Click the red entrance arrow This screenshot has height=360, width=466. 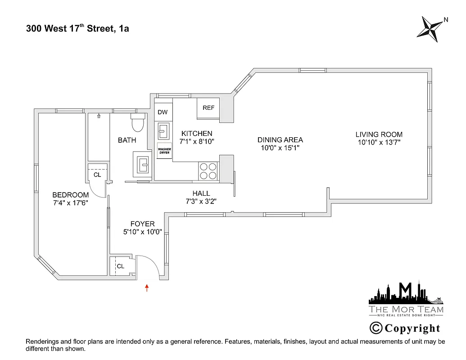pos(147,288)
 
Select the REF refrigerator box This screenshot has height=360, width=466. pos(208,108)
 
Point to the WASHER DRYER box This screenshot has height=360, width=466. pos(163,151)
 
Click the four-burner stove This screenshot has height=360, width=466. pos(208,171)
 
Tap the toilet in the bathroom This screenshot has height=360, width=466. pos(137,122)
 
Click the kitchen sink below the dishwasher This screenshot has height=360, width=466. pos(163,132)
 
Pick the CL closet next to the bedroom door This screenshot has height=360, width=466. pos(97,175)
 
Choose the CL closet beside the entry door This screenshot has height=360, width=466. pos(120,266)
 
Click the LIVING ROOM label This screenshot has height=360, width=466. pos(379,134)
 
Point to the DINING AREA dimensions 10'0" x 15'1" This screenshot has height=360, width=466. pos(280,148)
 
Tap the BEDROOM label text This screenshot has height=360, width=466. pos(70,195)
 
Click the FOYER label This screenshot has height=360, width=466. pos(142,224)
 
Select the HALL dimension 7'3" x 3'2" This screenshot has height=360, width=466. pos(201,201)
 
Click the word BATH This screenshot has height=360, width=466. pos(127,140)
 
